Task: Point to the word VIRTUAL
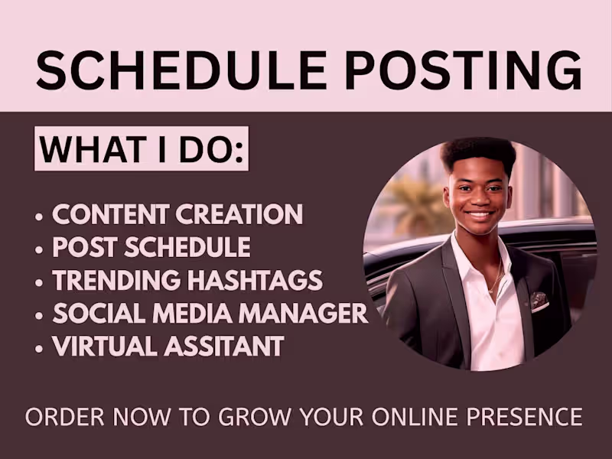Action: pos(102,346)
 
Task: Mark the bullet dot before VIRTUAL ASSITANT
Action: pos(39,349)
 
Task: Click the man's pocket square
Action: pos(539,301)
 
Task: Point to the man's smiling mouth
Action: pos(480,216)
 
